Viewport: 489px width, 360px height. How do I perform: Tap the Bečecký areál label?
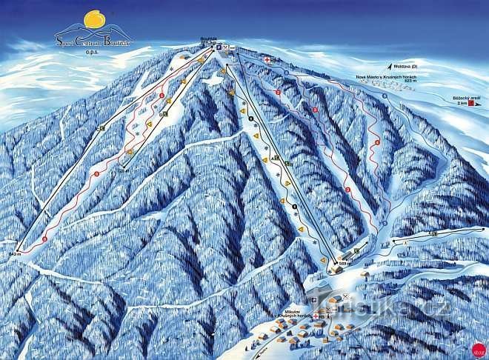pos(461,99)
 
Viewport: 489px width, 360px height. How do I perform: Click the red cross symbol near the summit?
pos(267,58)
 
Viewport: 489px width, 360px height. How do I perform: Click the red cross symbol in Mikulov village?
pos(317,316)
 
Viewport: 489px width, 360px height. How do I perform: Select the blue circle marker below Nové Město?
pos(385,97)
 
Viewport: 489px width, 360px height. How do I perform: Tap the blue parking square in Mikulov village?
pos(324,316)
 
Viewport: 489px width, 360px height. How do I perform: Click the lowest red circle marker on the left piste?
pos(44,239)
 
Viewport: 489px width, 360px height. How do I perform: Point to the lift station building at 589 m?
pos(338,270)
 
